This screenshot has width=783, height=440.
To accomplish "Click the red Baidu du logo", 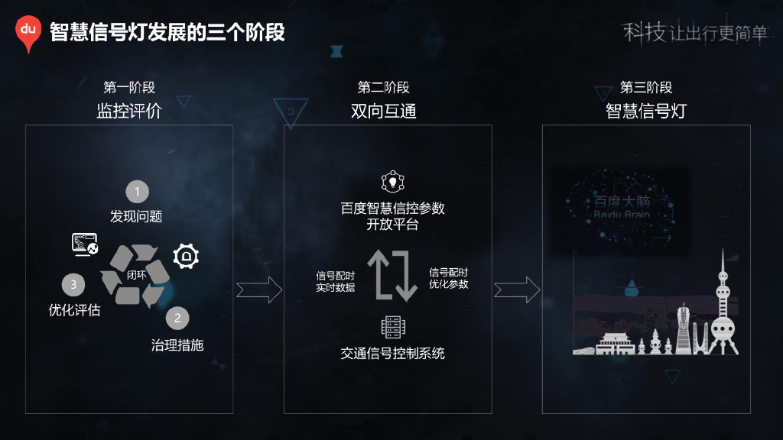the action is (29, 33).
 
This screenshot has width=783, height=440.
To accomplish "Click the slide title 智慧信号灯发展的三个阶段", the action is (167, 33).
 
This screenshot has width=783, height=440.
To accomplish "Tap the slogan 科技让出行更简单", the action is (694, 33).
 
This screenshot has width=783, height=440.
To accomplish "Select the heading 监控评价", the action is (129, 111).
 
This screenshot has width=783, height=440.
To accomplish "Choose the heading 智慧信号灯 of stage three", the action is (646, 111).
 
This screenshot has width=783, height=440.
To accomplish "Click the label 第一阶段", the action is (129, 87).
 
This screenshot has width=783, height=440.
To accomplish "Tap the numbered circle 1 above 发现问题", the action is (137, 192).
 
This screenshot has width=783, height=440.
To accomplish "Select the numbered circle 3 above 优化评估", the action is (73, 285).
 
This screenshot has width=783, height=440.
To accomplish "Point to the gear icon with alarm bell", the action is (186, 256).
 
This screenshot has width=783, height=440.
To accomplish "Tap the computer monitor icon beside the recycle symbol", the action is (84, 244).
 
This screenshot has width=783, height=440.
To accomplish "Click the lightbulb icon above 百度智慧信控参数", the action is (392, 182).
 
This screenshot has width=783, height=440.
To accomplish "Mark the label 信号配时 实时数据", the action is (336, 282).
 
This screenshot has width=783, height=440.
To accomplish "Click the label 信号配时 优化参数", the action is (449, 278).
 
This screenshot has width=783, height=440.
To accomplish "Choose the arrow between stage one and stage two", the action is (259, 290).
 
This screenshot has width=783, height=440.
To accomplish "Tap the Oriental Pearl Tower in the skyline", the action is (722, 306).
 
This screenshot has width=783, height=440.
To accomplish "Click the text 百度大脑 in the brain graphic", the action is (622, 202).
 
